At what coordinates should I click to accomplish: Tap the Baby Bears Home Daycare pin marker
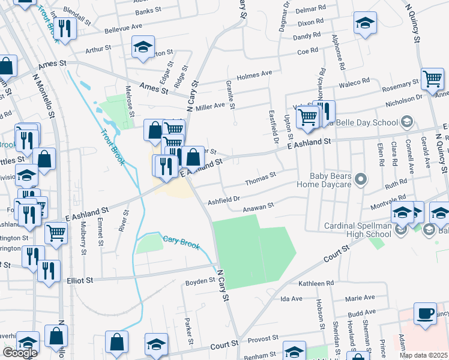(360, 179)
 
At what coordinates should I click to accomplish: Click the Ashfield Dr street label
(224, 199)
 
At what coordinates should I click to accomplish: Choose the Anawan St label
(258, 207)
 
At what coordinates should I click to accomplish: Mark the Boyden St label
(200, 280)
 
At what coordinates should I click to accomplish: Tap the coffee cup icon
(426, 314)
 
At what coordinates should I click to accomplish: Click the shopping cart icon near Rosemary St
(432, 79)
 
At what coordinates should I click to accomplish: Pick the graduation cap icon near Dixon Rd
(364, 24)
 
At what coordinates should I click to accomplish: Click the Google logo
(20, 353)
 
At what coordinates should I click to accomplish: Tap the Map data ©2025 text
(423, 355)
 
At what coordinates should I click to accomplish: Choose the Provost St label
(261, 339)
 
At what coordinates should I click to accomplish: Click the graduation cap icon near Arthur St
(143, 47)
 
